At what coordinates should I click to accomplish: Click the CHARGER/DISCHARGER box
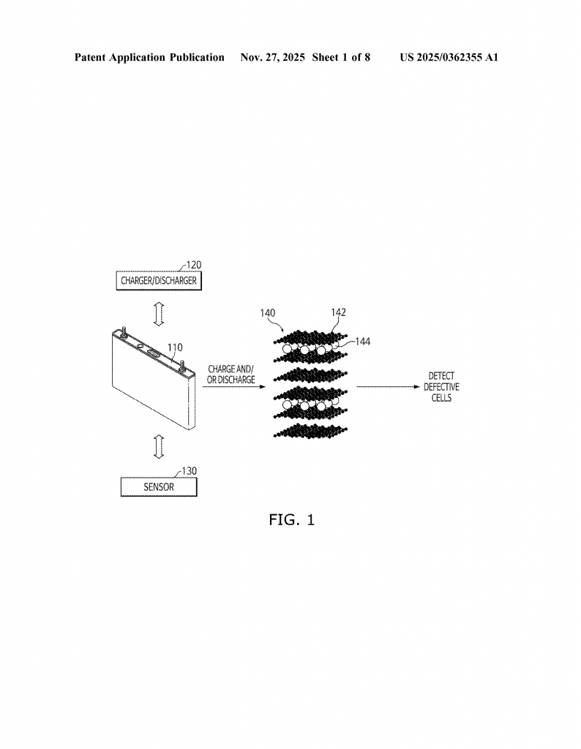pyautogui.click(x=158, y=280)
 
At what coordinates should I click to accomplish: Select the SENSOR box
pyautogui.click(x=158, y=487)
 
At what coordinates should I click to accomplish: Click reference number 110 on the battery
pyautogui.click(x=176, y=347)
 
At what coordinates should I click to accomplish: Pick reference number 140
pyautogui.click(x=269, y=312)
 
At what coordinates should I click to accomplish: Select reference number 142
pyautogui.click(x=338, y=312)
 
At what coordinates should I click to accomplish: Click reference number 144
pyautogui.click(x=362, y=341)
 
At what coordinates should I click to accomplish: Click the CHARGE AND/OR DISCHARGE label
pyautogui.click(x=231, y=374)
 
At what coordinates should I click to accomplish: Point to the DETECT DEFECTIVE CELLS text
pyautogui.click(x=441, y=387)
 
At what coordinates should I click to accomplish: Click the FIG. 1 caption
pyautogui.click(x=291, y=520)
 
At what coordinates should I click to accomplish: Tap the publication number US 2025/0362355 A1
pyautogui.click(x=449, y=57)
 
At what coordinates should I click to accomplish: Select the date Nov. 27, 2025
pyautogui.click(x=272, y=57)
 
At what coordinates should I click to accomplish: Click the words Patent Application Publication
pyautogui.click(x=149, y=57)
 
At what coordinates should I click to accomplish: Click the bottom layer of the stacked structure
pyautogui.click(x=313, y=431)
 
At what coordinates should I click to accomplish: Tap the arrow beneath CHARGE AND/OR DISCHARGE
pyautogui.click(x=231, y=388)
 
